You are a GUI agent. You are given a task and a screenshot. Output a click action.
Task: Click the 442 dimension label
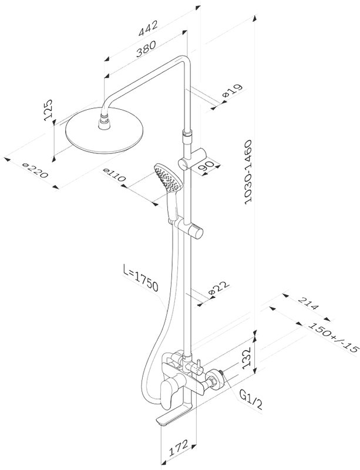(x=147, y=28)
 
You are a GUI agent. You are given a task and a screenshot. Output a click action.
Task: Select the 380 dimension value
(x=146, y=49)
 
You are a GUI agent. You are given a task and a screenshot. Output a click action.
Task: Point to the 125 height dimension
(x=48, y=110)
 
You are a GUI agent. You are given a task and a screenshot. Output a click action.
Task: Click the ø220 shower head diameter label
(x=35, y=170)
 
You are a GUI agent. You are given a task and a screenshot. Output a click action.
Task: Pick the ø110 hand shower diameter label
(x=114, y=175)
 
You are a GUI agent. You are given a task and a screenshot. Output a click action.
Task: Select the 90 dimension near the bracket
(x=208, y=166)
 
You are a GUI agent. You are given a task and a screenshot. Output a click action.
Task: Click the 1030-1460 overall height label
(x=249, y=172)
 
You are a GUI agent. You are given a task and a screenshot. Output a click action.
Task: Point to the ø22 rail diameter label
(x=219, y=288)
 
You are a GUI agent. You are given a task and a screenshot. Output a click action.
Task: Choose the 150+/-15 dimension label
(x=334, y=337)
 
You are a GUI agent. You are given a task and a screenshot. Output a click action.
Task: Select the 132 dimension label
(x=246, y=358)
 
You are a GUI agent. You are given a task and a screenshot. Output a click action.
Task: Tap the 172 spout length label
(x=178, y=448)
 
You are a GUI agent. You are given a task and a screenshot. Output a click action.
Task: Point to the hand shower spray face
(x=167, y=178)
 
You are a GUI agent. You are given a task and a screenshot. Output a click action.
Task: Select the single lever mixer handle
(x=168, y=391)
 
